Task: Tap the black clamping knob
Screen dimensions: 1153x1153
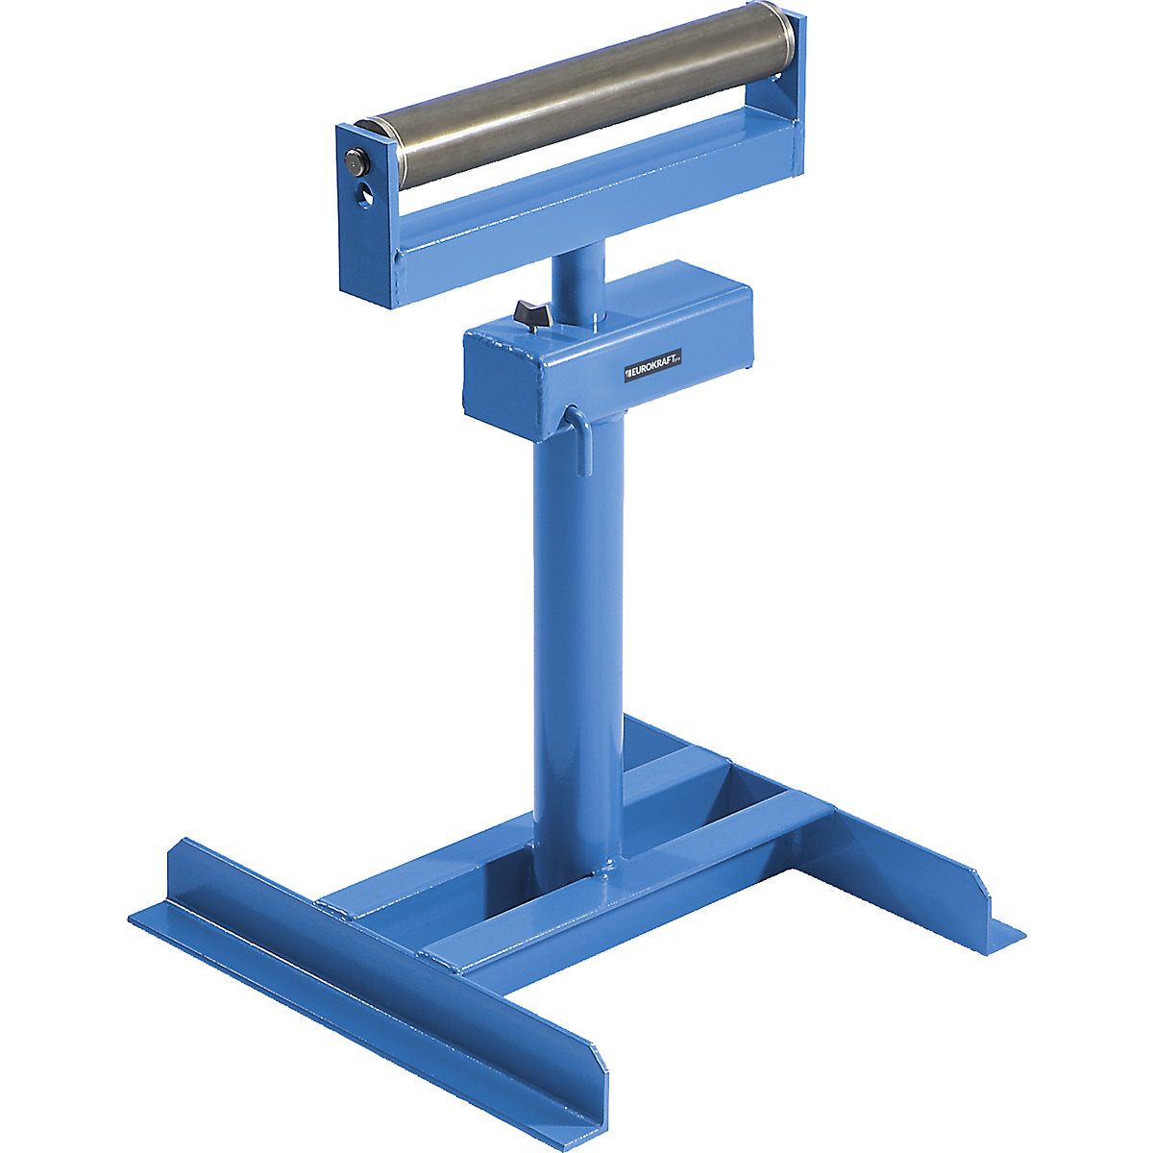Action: click(529, 313)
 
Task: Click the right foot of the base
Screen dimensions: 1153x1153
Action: click(903, 846)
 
